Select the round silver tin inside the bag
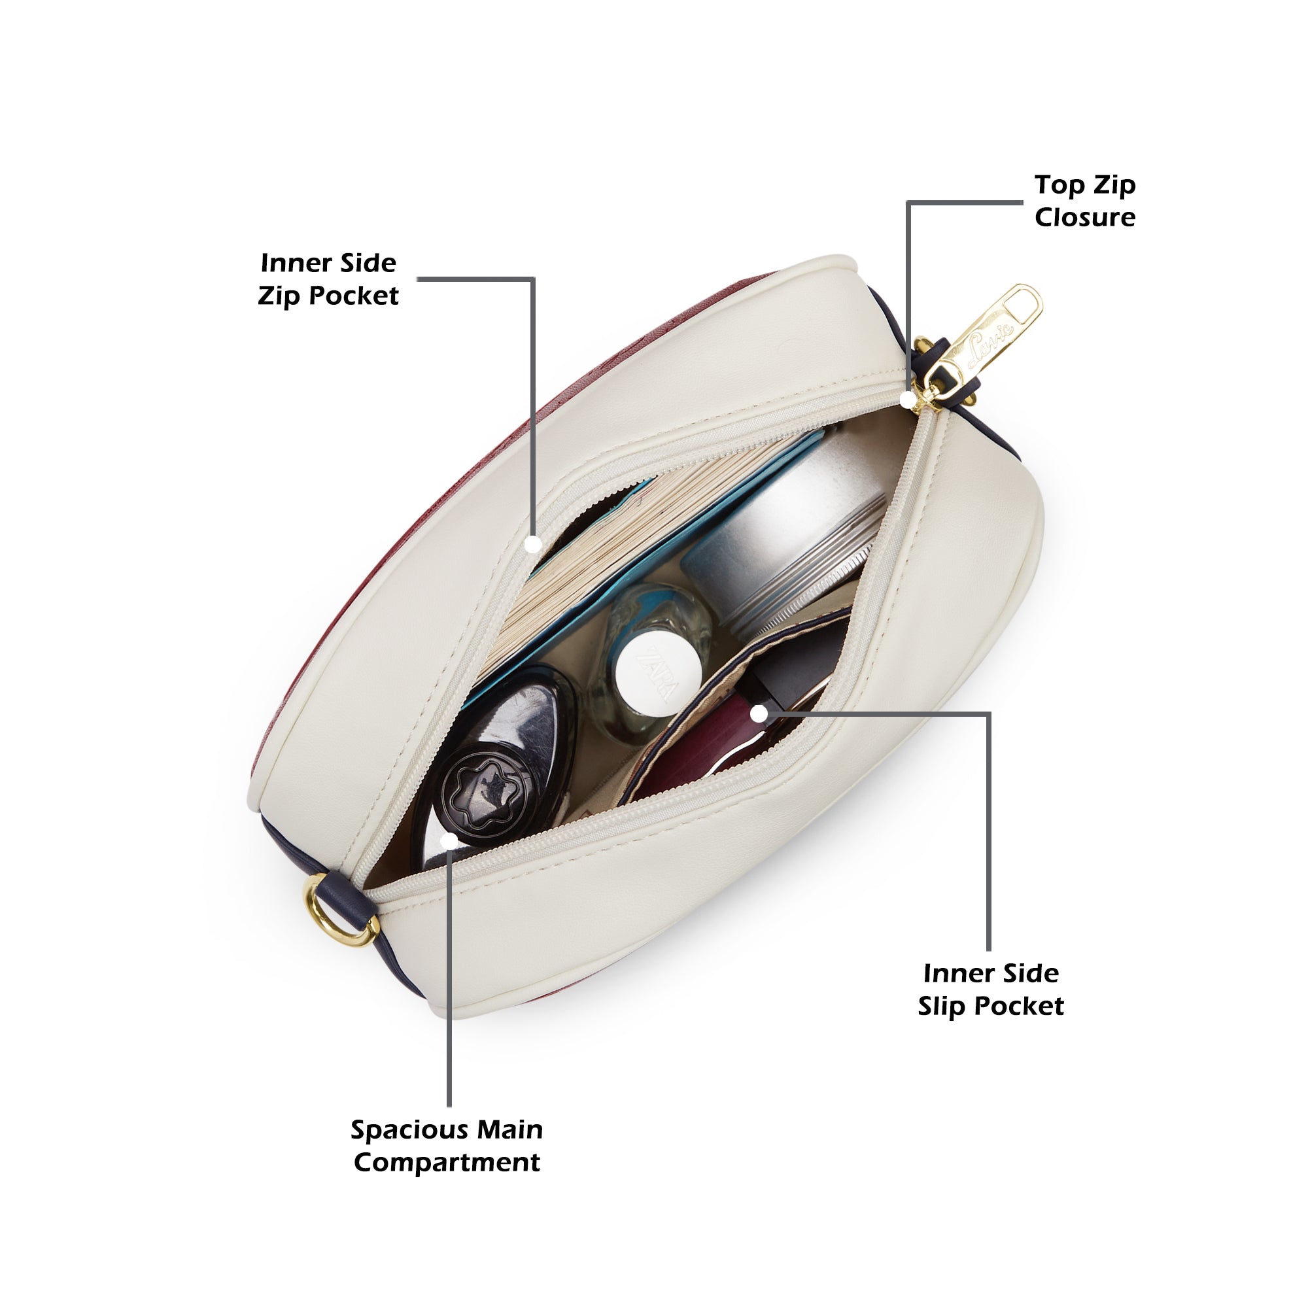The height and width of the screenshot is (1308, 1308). [x=785, y=535]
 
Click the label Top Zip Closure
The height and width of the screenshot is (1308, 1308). [x=1084, y=201]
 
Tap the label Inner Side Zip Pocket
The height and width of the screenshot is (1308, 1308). [x=328, y=280]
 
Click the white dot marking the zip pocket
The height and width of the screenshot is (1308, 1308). [x=534, y=543]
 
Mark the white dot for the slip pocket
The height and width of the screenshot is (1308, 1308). [x=759, y=714]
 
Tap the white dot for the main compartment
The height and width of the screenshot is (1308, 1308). [x=449, y=842]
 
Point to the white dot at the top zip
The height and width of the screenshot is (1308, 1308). [x=908, y=400]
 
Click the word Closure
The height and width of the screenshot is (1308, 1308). [x=1084, y=217]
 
